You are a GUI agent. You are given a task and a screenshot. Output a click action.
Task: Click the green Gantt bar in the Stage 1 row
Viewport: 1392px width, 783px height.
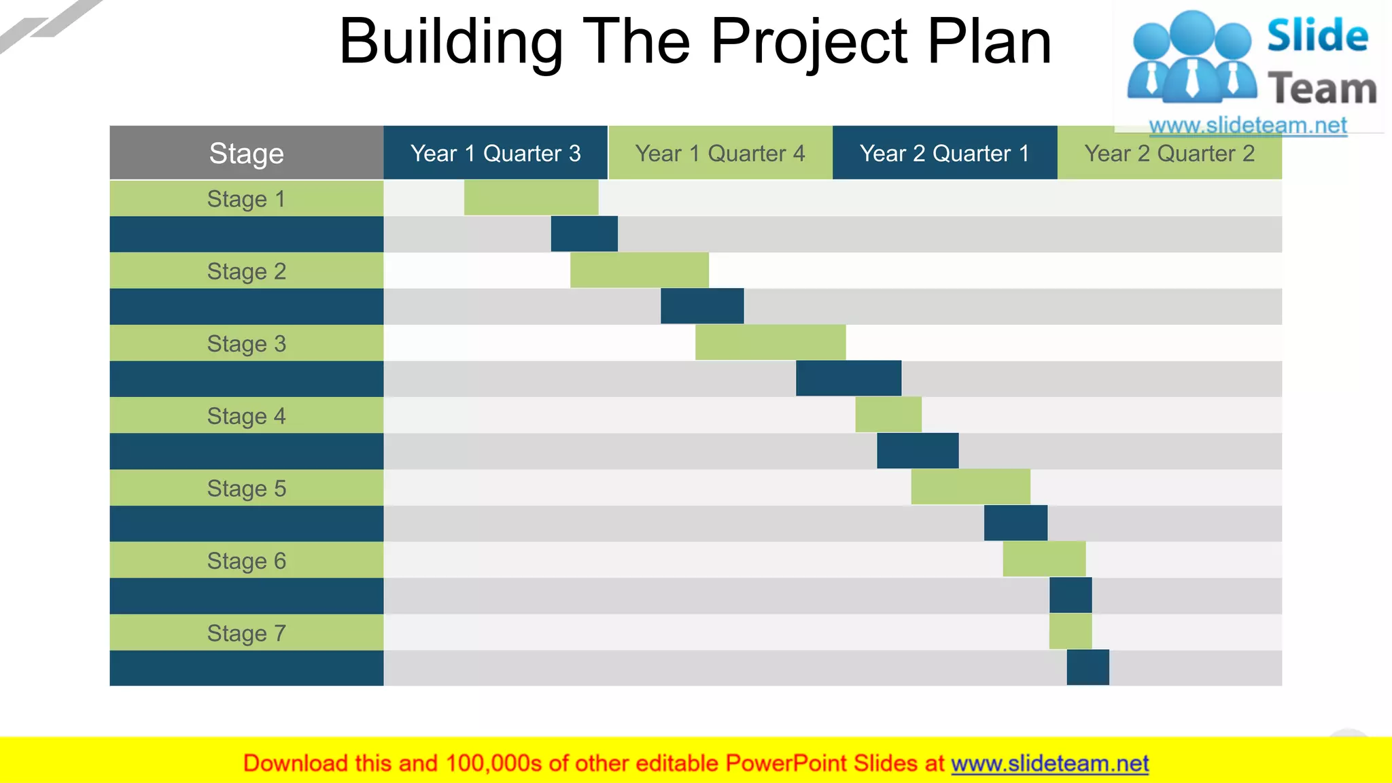(x=531, y=198)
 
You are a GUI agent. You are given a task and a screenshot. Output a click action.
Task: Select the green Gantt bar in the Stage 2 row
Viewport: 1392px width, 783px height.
(x=639, y=271)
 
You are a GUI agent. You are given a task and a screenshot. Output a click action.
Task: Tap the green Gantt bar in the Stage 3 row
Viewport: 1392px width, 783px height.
(x=770, y=343)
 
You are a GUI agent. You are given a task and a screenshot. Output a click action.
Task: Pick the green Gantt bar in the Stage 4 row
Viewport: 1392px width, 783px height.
(x=888, y=415)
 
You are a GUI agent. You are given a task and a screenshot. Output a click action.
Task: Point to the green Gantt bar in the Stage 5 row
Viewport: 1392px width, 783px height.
(x=970, y=487)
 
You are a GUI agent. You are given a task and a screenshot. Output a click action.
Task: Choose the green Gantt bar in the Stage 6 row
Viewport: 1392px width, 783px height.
(x=1043, y=559)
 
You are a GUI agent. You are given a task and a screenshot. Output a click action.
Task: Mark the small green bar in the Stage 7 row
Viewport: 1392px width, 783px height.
(x=1071, y=631)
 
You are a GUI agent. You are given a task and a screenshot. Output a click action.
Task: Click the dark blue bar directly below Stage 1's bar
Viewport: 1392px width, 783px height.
(x=584, y=234)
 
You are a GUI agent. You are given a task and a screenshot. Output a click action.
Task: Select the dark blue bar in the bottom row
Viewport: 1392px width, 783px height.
(x=1087, y=667)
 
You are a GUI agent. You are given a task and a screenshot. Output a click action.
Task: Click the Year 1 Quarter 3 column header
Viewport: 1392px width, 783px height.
(x=495, y=153)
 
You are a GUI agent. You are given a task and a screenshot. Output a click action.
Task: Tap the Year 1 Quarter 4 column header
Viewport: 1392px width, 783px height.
(x=720, y=153)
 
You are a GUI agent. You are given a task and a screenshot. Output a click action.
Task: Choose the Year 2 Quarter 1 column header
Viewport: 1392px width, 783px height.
(x=944, y=153)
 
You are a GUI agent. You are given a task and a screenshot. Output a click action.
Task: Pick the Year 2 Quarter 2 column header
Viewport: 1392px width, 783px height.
(x=1169, y=154)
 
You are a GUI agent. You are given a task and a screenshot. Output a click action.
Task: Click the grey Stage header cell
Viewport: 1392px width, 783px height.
(x=246, y=153)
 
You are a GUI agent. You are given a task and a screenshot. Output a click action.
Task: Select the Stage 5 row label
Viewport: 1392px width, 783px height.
(x=246, y=488)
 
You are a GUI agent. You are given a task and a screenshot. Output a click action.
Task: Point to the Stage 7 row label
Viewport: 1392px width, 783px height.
(x=246, y=633)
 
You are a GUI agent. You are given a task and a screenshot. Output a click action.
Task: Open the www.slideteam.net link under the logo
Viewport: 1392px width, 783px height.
(x=1247, y=125)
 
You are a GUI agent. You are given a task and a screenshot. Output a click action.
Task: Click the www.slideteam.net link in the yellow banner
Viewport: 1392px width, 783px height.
(x=1049, y=763)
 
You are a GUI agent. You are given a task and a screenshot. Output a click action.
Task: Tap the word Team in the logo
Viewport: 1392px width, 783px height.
(x=1321, y=89)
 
